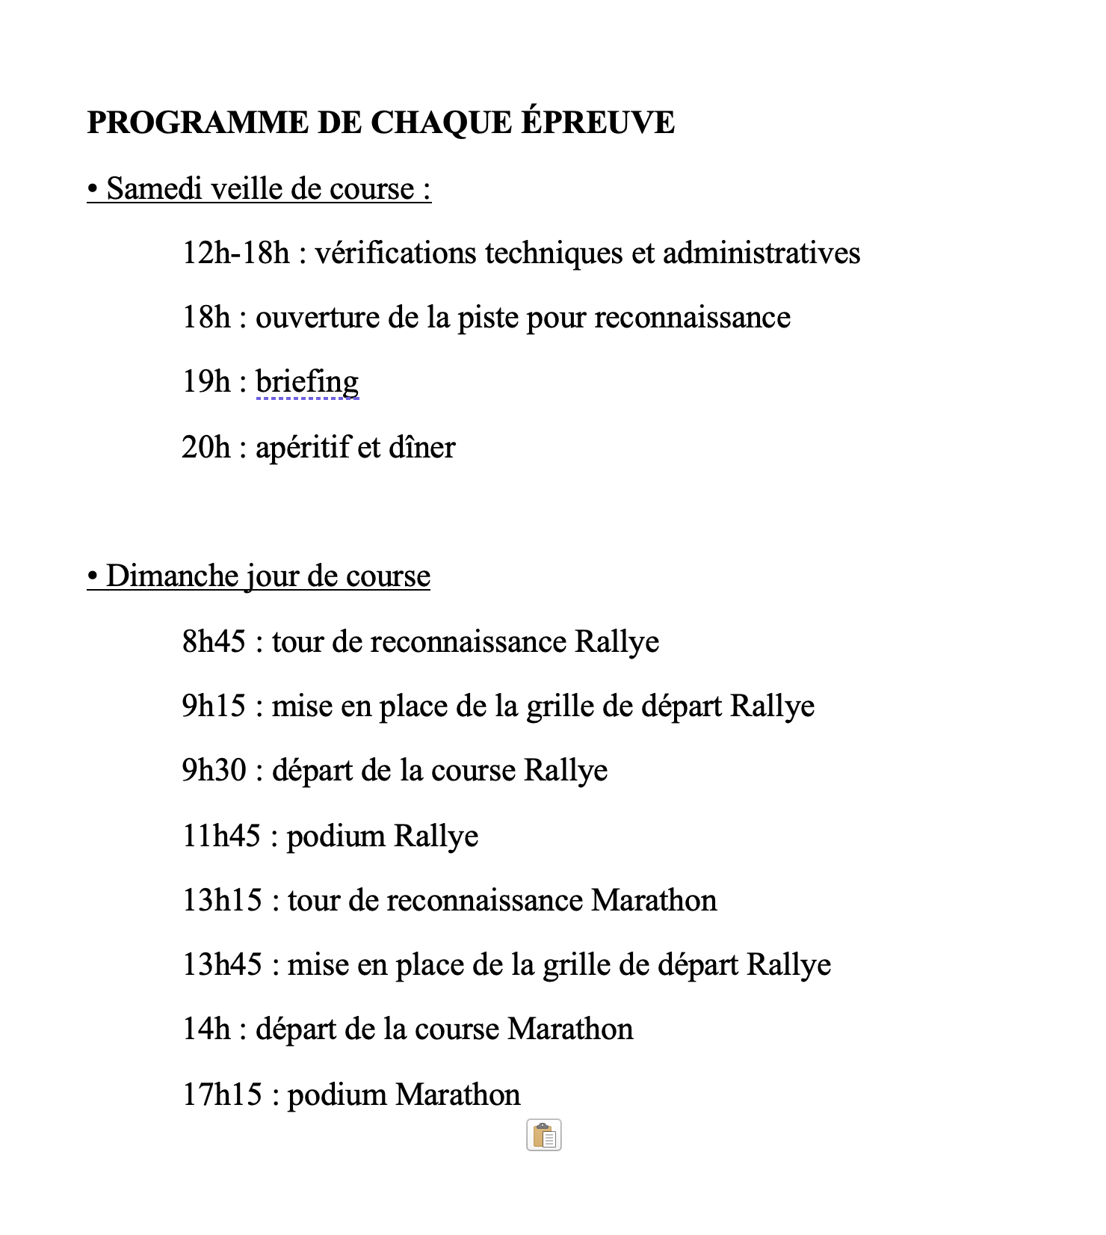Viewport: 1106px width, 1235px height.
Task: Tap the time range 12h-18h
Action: [235, 253]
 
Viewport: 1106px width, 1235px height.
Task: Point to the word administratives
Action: [761, 253]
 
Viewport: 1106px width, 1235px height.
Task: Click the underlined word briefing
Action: [307, 382]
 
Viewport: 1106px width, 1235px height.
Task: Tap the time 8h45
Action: [214, 641]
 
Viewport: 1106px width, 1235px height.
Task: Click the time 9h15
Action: [214, 706]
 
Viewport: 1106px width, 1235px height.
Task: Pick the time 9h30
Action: [214, 770]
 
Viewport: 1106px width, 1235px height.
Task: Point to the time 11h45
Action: [221, 835]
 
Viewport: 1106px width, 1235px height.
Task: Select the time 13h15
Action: [222, 899]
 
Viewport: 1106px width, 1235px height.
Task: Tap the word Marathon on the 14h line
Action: [570, 1029]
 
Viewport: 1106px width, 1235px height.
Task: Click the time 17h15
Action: [222, 1094]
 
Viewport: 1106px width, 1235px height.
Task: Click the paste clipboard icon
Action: [544, 1136]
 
